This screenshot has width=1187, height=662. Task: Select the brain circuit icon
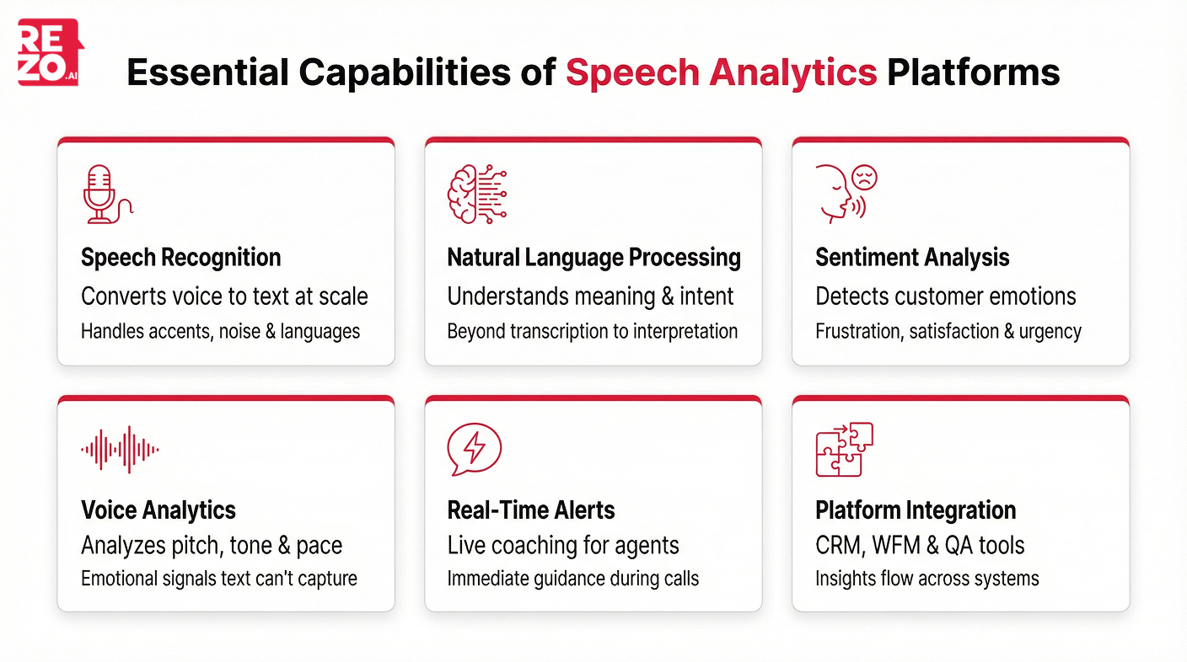476,195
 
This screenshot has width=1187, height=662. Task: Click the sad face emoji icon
864,178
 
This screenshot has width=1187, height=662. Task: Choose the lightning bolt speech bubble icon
474,449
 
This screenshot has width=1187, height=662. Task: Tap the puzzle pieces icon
844,449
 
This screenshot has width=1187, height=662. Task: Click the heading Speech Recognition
180,258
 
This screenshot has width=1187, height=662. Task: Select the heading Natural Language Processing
593,258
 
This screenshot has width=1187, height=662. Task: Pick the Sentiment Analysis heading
912,258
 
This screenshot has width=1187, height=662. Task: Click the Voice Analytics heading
158,510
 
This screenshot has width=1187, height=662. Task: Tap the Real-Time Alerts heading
530,510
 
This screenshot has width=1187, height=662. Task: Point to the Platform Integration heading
916,510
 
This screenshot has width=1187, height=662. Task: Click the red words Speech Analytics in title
721,73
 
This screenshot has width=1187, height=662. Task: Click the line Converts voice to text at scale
224,296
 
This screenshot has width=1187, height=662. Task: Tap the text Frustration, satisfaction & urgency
948,332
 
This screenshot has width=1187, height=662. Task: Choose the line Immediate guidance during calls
572,579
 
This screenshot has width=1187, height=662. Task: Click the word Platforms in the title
973,73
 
